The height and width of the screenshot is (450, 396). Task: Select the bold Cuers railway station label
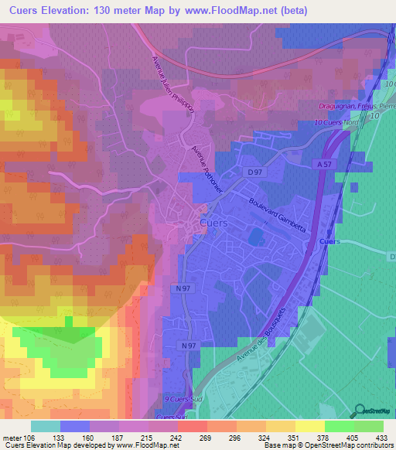(x=329, y=241)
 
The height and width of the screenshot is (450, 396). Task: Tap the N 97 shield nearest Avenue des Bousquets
(x=189, y=346)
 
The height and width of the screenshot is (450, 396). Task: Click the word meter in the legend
(x=12, y=438)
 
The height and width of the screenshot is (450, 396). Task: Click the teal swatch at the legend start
(x=46, y=426)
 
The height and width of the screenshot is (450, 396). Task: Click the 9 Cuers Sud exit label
(x=177, y=399)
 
